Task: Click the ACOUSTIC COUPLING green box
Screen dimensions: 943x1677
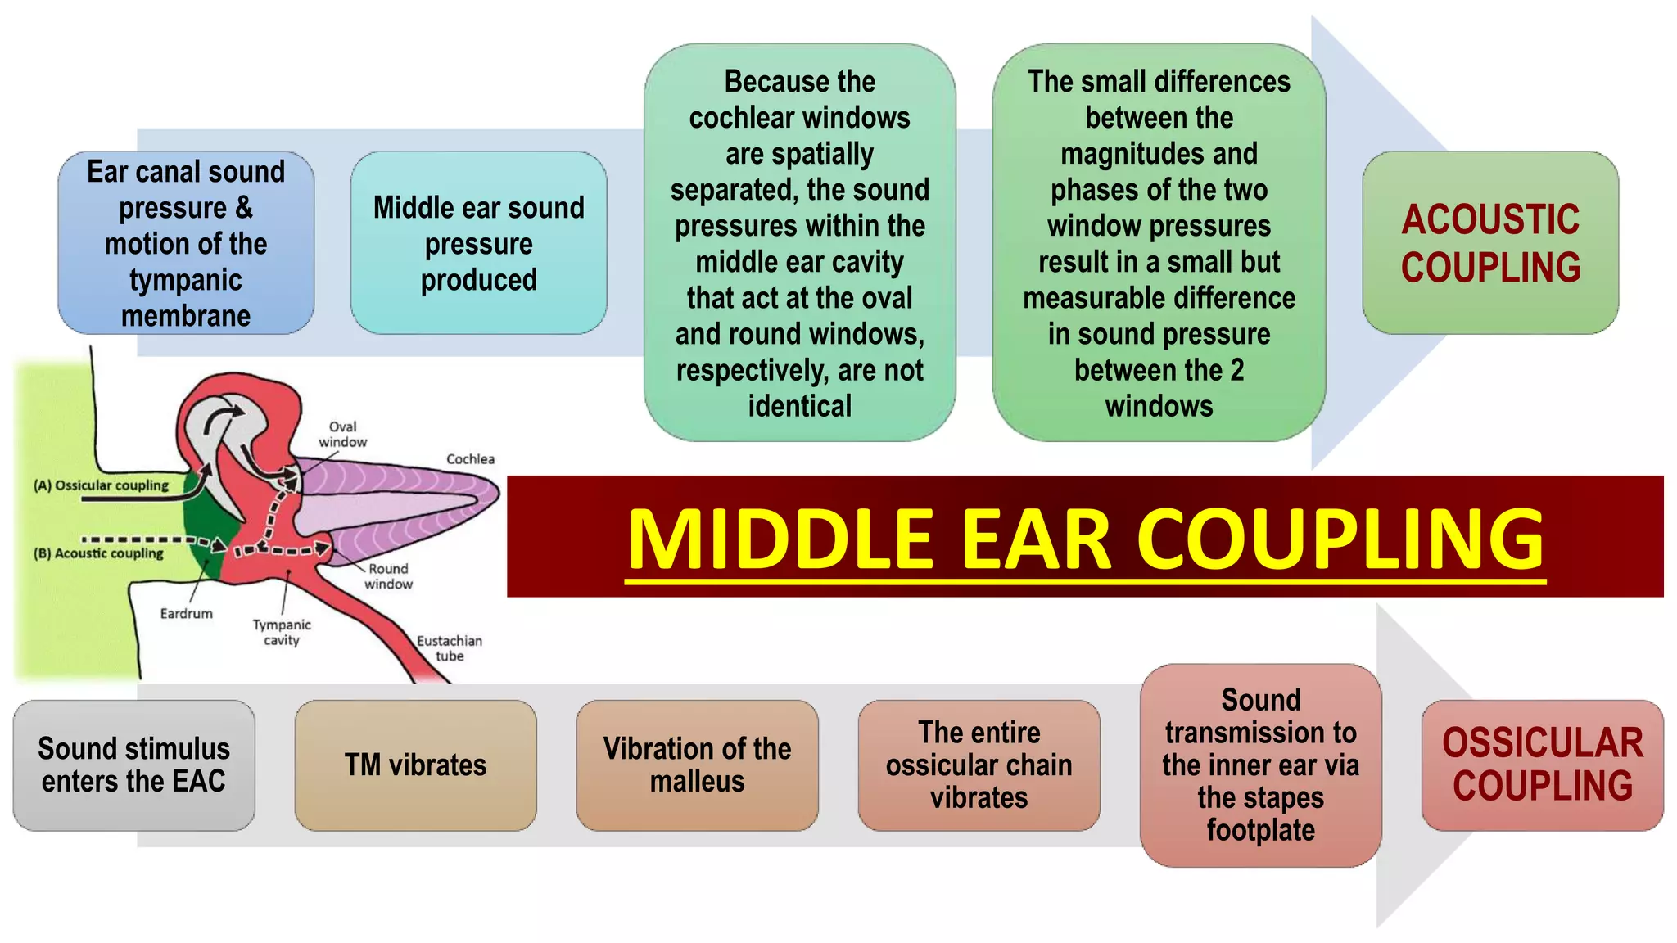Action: pyautogui.click(x=1489, y=242)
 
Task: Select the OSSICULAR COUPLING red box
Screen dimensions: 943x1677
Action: pyautogui.click(x=1542, y=765)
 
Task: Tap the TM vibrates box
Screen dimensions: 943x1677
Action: pyautogui.click(x=415, y=765)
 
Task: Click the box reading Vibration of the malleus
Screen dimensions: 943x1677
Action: pyautogui.click(x=697, y=765)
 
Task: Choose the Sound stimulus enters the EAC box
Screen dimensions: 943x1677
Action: pyautogui.click(x=133, y=765)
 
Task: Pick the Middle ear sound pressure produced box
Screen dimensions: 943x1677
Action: pyautogui.click(x=478, y=242)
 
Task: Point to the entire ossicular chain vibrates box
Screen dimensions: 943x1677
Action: pyautogui.click(x=979, y=765)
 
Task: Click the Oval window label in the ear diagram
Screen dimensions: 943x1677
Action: pyautogui.click(x=342, y=434)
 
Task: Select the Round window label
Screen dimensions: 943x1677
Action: pyautogui.click(x=388, y=575)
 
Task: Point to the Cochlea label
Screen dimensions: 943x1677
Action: pyautogui.click(x=470, y=459)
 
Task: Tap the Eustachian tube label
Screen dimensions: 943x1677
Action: pyautogui.click(x=449, y=647)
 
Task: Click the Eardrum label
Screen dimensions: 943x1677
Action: pyautogui.click(x=186, y=613)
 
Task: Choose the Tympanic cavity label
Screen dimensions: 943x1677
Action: pyautogui.click(x=282, y=632)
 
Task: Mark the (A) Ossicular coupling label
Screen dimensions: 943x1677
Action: pyautogui.click(x=101, y=485)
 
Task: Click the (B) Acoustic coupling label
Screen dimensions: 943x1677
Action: pyautogui.click(x=98, y=553)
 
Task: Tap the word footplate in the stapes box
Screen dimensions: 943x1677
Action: pyautogui.click(x=1260, y=830)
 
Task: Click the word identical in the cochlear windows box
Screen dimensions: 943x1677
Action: pyautogui.click(x=799, y=406)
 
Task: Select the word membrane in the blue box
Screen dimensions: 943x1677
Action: pyautogui.click(x=186, y=316)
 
